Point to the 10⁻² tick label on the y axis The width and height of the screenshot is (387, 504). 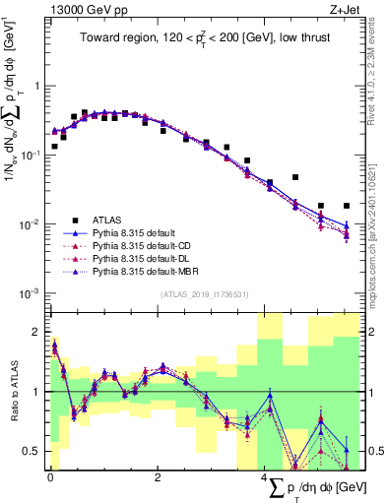31,224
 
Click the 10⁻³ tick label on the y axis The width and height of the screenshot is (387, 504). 31,293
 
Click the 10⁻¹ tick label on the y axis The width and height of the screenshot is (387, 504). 31,156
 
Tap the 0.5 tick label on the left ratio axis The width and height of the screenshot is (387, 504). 32,452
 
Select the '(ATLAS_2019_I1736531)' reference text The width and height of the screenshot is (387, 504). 205,293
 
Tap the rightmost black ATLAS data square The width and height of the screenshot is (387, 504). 346,206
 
